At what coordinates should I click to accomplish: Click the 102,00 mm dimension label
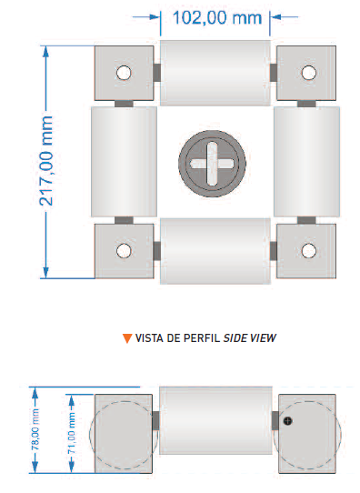pos(217,17)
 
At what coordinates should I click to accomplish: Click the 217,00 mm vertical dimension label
pos(46,161)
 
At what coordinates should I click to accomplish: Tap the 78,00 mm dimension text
pos(35,429)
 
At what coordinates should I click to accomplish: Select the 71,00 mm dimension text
pos(72,433)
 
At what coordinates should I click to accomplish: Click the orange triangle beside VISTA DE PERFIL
pos(127,338)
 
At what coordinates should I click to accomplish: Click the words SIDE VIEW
pos(250,338)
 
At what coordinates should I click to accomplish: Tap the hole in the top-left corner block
pos(124,73)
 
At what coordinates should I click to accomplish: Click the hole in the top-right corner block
pos(309,73)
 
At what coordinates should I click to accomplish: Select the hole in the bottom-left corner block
pos(124,251)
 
